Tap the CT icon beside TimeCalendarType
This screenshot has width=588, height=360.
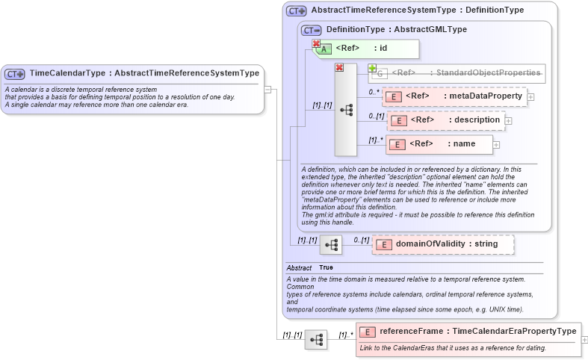[x=15, y=74]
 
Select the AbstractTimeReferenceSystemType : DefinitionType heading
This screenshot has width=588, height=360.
[x=417, y=10]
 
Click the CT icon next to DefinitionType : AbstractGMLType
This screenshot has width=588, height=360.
[x=311, y=30]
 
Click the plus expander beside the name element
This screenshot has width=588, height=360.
[x=496, y=144]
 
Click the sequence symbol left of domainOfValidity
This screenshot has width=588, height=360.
[x=330, y=243]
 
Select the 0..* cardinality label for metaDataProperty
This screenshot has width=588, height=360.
[x=374, y=92]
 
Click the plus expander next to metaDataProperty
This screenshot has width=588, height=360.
[x=530, y=96]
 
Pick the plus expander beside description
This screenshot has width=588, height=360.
[x=508, y=120]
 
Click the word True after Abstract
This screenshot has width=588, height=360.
[x=326, y=267]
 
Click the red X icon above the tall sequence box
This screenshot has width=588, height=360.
[x=339, y=68]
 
